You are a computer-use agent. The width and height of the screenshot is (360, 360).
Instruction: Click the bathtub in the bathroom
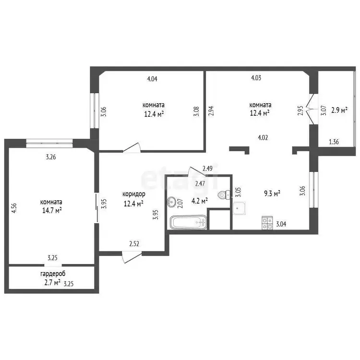188,222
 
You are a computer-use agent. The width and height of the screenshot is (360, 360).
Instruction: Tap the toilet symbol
224,195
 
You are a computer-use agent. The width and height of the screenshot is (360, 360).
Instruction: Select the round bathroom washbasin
171,202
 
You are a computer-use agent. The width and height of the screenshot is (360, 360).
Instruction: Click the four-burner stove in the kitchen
267,223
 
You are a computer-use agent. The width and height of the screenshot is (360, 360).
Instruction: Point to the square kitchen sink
240,208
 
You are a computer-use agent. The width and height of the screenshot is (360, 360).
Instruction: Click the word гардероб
53,274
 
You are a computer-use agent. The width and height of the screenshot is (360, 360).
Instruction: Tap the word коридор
134,194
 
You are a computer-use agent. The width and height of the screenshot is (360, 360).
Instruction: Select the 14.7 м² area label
52,210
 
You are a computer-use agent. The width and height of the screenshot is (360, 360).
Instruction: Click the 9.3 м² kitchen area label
272,193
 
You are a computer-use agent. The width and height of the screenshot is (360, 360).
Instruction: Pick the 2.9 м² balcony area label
339,110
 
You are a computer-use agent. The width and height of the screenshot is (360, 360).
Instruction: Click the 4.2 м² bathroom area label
200,201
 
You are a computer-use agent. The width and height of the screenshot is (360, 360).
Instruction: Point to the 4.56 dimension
14,208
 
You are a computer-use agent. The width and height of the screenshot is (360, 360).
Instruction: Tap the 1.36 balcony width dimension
334,142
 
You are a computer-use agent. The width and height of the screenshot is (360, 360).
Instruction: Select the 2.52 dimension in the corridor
134,244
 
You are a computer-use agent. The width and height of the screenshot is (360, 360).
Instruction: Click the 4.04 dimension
152,79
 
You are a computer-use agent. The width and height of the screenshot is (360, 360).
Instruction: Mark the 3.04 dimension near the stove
281,224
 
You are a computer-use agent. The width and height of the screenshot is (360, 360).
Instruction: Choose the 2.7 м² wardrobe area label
52,282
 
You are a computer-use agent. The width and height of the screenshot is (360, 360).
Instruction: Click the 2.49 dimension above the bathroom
207,169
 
